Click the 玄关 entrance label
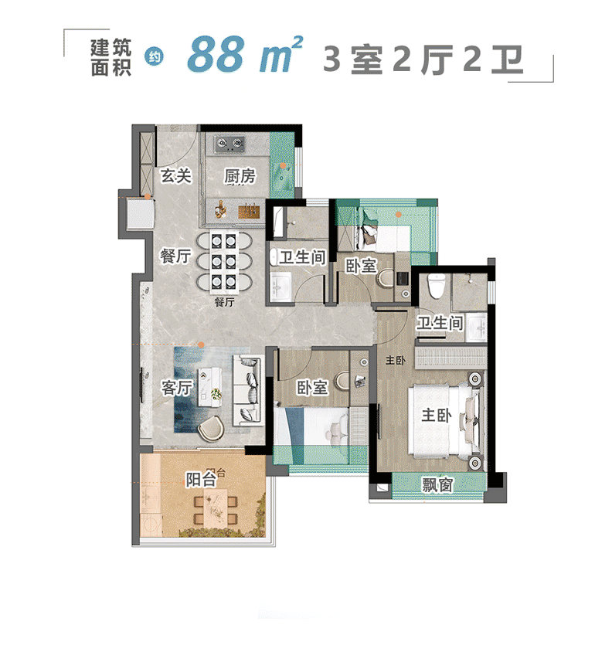[x=175, y=176]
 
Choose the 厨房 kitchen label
[x=240, y=177]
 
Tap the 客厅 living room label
[x=176, y=388]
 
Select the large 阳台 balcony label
[x=201, y=480]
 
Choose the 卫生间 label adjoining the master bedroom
[x=440, y=324]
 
